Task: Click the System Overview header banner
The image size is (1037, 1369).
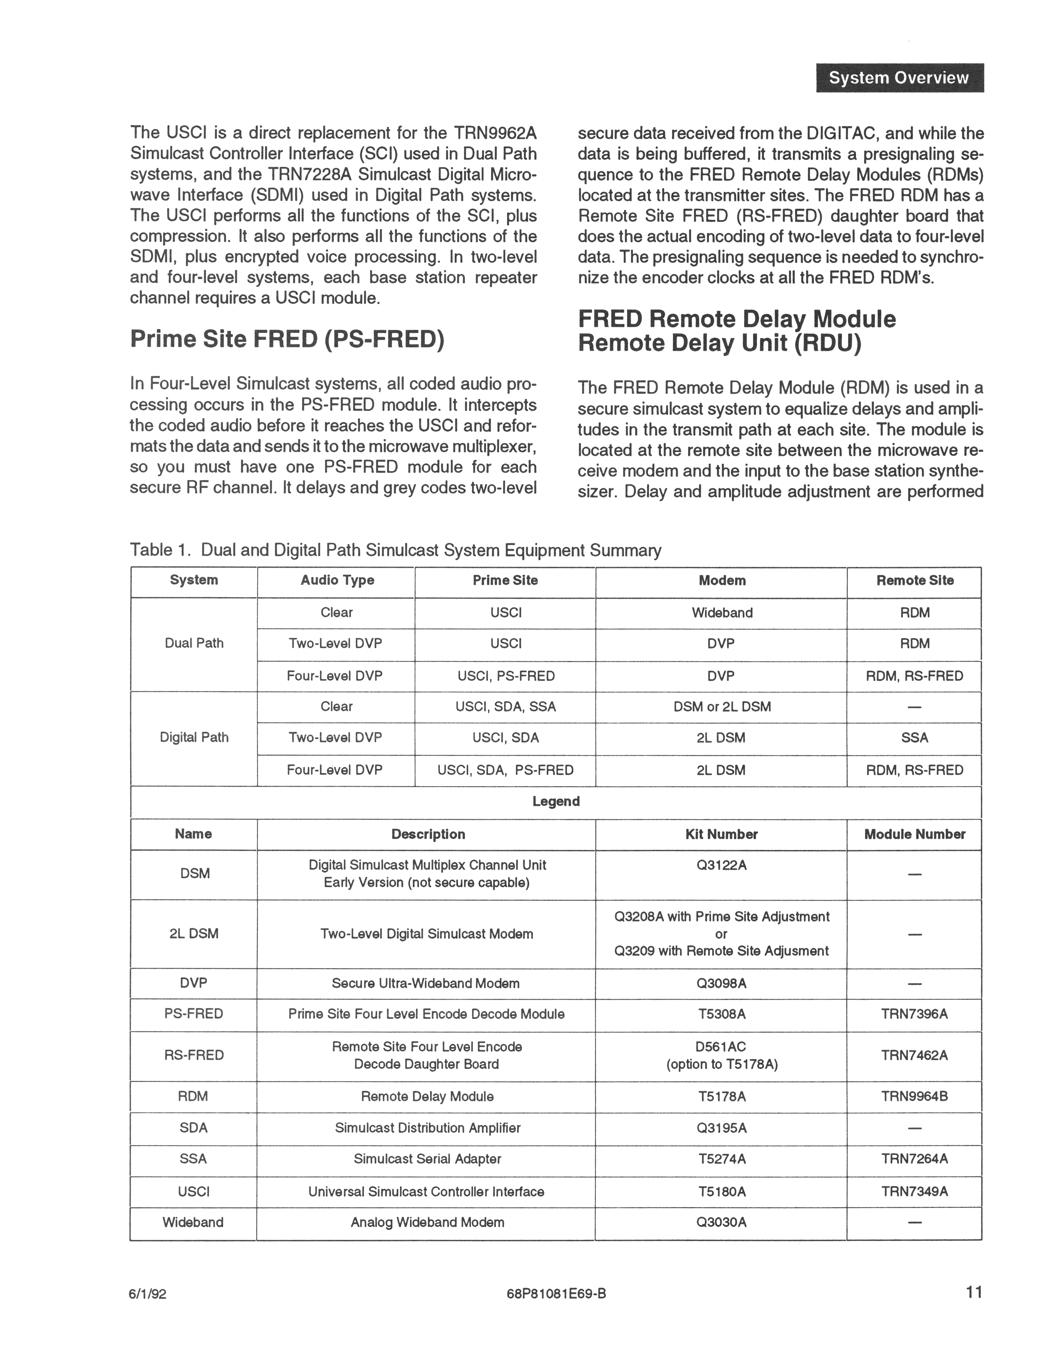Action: tap(899, 78)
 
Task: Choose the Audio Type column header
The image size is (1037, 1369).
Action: tap(337, 581)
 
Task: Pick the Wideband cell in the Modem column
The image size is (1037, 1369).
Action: tap(722, 613)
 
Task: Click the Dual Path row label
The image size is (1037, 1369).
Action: tap(194, 644)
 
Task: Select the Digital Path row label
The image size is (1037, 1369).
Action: tap(194, 738)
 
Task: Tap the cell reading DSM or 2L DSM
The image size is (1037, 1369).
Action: tap(722, 707)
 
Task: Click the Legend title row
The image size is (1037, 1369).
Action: tap(555, 801)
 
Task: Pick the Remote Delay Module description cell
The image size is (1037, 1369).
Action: tap(427, 1097)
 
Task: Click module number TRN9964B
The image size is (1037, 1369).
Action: tap(915, 1097)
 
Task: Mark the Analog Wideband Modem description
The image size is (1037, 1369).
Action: tap(427, 1222)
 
